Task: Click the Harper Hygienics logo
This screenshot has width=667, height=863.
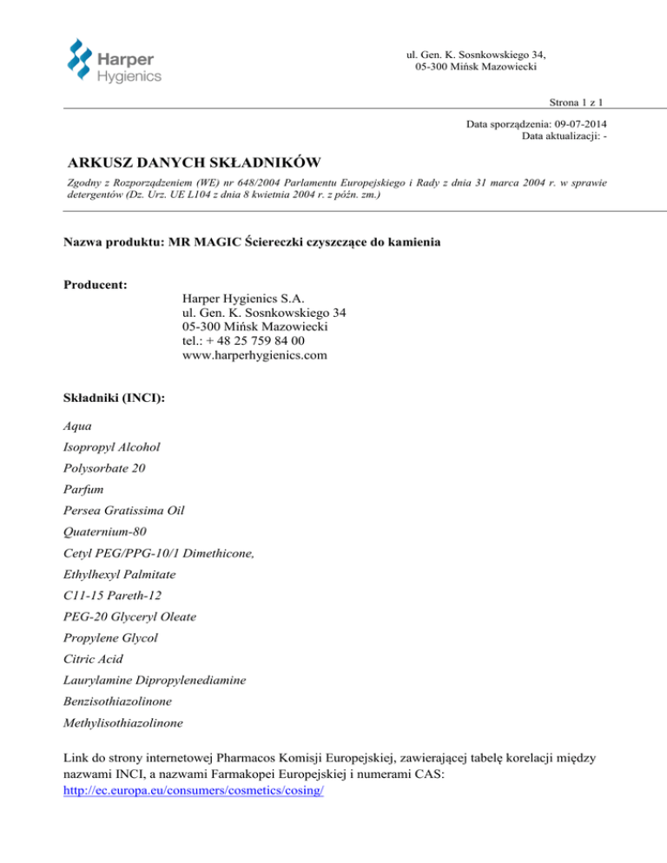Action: (114, 60)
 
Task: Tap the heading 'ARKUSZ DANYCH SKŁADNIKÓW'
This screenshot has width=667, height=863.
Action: (195, 161)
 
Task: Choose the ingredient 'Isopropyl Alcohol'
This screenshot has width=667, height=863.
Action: (112, 447)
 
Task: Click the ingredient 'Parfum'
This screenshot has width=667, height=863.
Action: (85, 490)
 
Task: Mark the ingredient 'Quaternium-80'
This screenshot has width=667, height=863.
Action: (107, 532)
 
